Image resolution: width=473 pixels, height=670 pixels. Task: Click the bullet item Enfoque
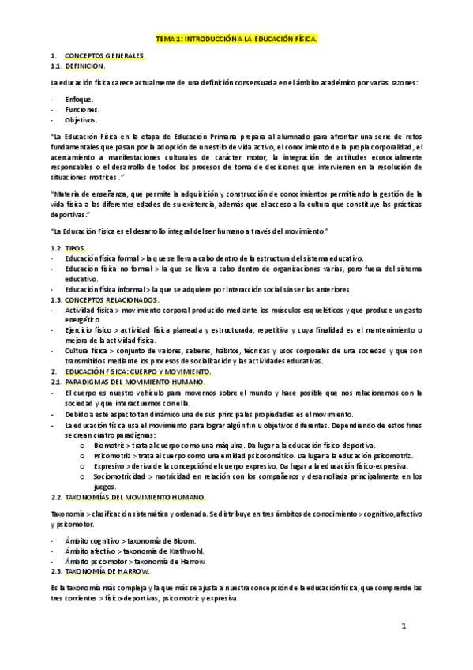79,100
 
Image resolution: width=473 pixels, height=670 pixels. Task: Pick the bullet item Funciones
82,110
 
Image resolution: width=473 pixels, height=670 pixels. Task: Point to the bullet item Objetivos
81,120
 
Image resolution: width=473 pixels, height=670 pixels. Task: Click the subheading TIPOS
77,248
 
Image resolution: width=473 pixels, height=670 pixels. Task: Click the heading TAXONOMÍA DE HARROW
107,571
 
